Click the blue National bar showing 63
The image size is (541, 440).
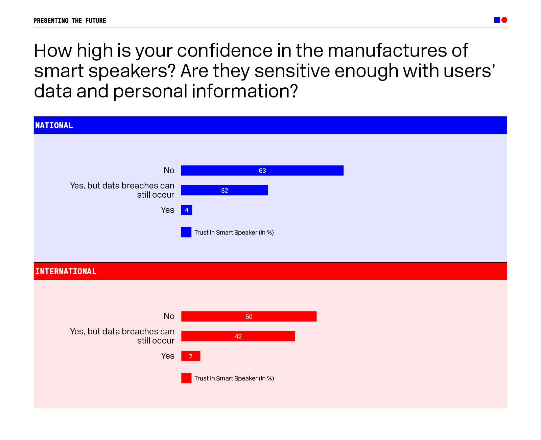(262, 171)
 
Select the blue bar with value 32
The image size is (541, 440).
(224, 190)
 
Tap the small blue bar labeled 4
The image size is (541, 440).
(187, 210)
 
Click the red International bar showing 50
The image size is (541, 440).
(249, 316)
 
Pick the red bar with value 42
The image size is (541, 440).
(238, 336)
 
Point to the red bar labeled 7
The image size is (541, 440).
(191, 356)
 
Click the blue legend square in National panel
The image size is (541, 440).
(186, 232)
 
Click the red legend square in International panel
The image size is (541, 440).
(186, 378)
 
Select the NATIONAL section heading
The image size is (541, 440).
(54, 126)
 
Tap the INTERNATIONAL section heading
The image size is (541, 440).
(66, 271)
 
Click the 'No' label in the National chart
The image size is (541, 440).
(169, 171)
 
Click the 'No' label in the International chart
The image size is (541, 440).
(169, 316)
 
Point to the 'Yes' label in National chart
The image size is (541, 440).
(168, 210)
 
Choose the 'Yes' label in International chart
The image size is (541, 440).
(168, 356)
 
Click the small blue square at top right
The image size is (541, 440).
(497, 20)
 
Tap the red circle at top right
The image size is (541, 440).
(504, 20)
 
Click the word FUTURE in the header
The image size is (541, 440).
(96, 21)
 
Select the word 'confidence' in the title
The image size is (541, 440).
(225, 51)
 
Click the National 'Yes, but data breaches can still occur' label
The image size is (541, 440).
(122, 190)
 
